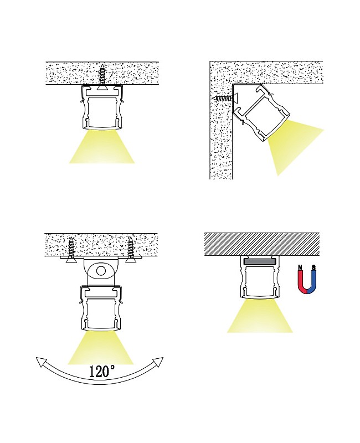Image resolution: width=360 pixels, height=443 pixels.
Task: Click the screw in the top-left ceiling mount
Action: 102,76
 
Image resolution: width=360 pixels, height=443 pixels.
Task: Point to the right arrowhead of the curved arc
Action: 158,362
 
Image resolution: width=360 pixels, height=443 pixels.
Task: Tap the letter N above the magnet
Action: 300,268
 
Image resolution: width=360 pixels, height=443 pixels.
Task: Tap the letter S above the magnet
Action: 314,268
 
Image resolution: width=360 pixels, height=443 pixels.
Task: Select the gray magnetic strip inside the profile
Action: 260,261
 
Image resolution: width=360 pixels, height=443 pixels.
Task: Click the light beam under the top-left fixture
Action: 102,148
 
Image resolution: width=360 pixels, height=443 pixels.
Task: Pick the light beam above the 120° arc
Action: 101,349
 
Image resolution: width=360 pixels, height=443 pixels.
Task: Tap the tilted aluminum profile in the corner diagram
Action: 260,114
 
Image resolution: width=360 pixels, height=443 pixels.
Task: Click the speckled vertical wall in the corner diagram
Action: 220,144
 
